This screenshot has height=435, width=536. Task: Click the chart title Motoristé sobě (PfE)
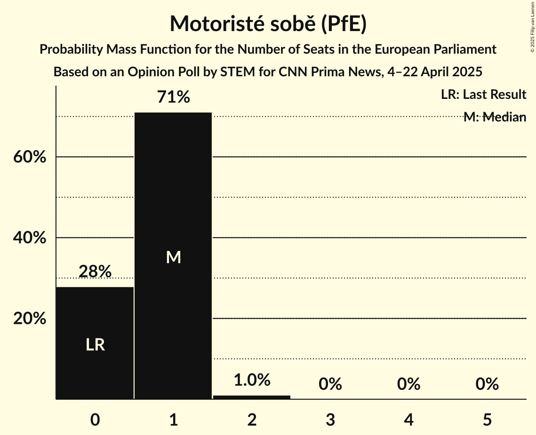click(x=268, y=24)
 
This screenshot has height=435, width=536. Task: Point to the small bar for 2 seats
click(x=252, y=397)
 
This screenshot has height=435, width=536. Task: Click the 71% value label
click(x=174, y=97)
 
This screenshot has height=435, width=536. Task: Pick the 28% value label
click(x=95, y=272)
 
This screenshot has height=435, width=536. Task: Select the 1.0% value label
click(x=252, y=380)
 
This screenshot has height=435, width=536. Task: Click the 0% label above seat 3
click(x=330, y=384)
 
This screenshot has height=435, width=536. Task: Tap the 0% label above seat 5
click(x=487, y=384)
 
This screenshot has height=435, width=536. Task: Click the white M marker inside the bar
click(x=174, y=257)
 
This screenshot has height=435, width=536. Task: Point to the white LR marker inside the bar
click(x=95, y=345)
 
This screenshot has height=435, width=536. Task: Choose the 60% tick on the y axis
click(x=30, y=157)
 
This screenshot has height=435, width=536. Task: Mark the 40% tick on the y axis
click(x=30, y=238)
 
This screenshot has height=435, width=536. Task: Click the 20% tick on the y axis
click(x=30, y=319)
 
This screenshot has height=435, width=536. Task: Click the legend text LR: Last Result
click(x=483, y=95)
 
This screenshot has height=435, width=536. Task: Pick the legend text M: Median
click(x=495, y=117)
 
